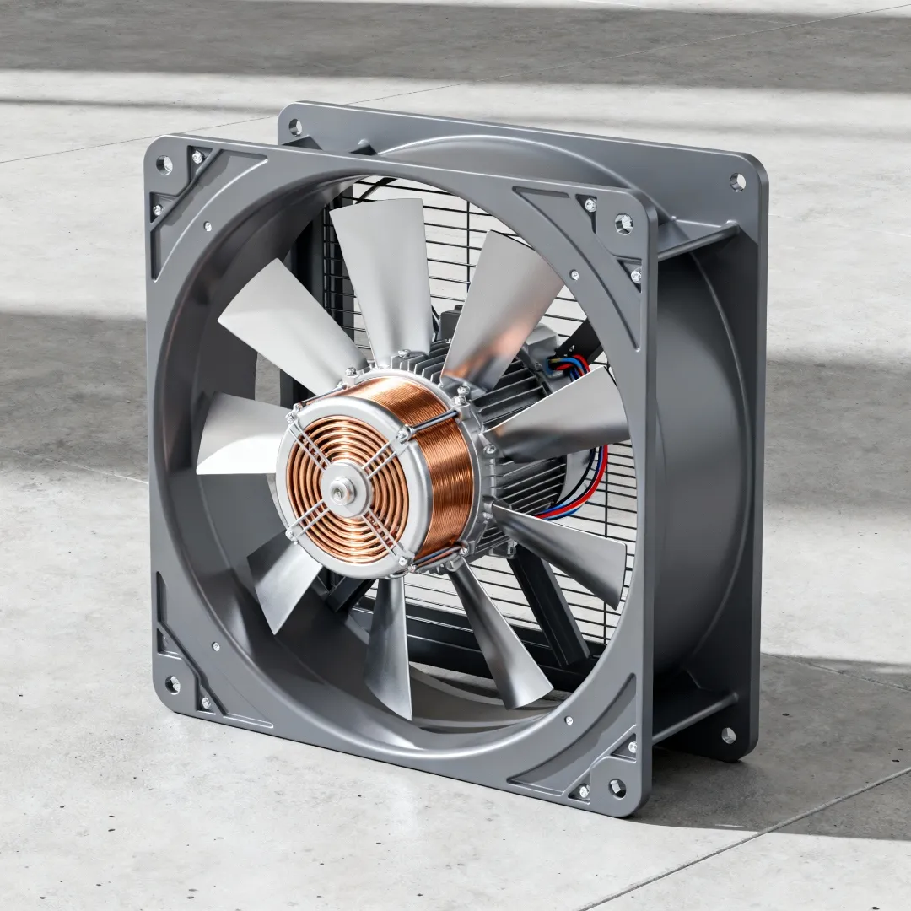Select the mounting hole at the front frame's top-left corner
[x=164, y=164]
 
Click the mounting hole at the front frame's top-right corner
[x=623, y=224]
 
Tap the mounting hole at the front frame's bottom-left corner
[x=172, y=684]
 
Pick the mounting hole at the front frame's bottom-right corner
[x=616, y=787]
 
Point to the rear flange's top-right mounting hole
[x=737, y=181]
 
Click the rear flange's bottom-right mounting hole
[x=727, y=735]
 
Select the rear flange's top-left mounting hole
[x=296, y=127]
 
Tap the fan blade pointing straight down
[x=390, y=650]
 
